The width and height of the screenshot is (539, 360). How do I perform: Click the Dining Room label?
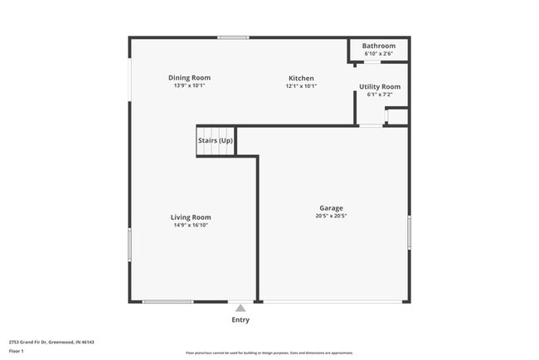[x=188, y=77]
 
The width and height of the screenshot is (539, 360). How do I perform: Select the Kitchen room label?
[x=299, y=78]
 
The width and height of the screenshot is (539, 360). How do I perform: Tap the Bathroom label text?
[x=380, y=46]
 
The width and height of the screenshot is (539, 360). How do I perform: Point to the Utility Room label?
[x=380, y=86]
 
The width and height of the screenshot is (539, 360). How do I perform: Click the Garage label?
[x=331, y=208]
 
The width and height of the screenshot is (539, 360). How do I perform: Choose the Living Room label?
[x=191, y=217]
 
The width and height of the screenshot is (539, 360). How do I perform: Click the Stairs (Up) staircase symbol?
[x=216, y=141]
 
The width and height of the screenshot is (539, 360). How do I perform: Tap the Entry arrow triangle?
[x=240, y=308]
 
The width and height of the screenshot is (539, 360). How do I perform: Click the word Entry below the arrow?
[x=240, y=319]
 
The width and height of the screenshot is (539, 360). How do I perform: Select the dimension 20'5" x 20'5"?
[x=331, y=216]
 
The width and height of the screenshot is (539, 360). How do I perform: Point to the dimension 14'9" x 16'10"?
[x=191, y=225]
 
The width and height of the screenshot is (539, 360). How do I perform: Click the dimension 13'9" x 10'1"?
[x=188, y=85]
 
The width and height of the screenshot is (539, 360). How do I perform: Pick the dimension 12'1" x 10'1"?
[x=299, y=85]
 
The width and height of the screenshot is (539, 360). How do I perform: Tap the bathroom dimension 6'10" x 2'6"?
[x=380, y=54]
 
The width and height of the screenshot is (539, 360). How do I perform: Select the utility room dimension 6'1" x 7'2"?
[x=380, y=95]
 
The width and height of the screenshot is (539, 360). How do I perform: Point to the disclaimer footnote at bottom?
[x=269, y=353]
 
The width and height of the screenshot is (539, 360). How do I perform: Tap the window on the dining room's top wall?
[x=233, y=37]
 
